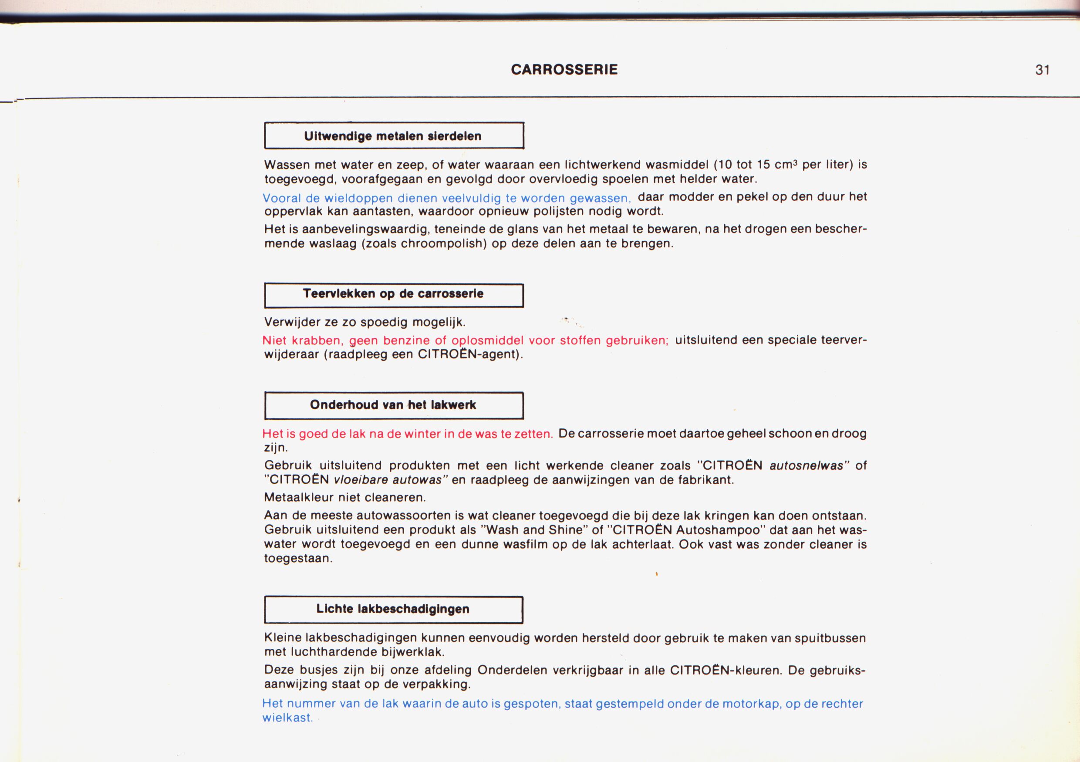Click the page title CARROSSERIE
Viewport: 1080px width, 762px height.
(x=564, y=70)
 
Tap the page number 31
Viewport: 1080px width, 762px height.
(x=1043, y=70)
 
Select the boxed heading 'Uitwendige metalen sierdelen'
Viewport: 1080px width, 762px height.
(x=393, y=136)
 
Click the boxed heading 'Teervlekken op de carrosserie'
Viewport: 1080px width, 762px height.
(x=393, y=294)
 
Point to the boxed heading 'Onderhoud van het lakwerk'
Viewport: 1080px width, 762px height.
(x=393, y=405)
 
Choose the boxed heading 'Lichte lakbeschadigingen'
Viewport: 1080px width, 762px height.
(x=393, y=609)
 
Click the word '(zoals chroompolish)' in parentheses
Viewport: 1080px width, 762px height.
(x=424, y=244)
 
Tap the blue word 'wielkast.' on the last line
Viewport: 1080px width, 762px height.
(x=287, y=718)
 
